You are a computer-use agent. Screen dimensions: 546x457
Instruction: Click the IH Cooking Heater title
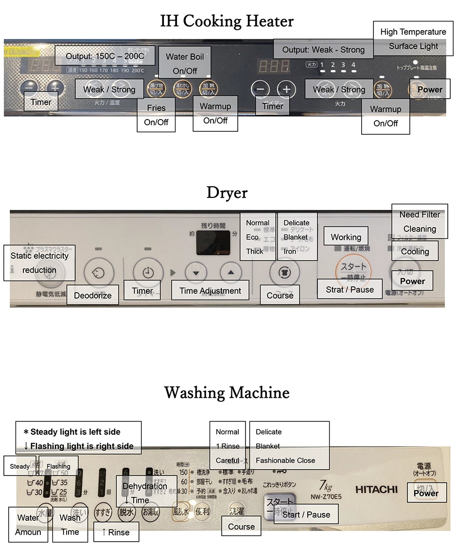[227, 21]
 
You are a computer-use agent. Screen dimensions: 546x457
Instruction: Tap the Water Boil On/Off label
[184, 64]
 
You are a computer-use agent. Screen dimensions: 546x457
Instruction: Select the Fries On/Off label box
[156, 115]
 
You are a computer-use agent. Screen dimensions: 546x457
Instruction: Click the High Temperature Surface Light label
[413, 39]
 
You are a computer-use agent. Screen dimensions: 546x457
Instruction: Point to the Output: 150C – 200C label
[105, 56]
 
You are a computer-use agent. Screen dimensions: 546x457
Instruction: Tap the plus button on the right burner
[286, 89]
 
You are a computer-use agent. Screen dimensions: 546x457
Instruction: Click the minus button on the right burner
[261, 89]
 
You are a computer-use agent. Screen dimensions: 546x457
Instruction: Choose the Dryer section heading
[227, 193]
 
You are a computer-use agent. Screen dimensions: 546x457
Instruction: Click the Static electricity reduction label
[39, 263]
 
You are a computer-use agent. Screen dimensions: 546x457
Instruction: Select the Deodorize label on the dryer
[92, 295]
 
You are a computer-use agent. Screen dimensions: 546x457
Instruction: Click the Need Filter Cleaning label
[420, 221]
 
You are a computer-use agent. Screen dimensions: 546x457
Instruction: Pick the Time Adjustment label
[210, 291]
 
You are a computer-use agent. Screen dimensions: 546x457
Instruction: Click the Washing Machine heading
[227, 392]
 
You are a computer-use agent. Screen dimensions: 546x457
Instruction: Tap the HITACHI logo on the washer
[376, 489]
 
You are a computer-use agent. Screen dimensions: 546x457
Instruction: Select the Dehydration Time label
[145, 493]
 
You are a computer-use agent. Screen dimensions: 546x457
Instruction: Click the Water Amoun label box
[28, 525]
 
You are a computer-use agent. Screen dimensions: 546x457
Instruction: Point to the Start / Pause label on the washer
[306, 514]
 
